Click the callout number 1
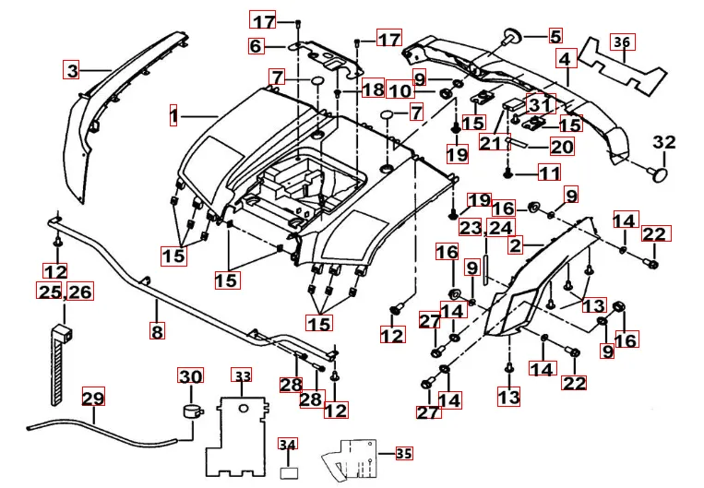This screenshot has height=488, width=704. click(x=173, y=116)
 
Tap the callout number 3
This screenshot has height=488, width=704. click(x=71, y=68)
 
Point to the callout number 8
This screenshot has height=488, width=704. click(x=157, y=328)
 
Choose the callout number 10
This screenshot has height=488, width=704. click(x=399, y=90)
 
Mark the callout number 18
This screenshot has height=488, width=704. click(x=373, y=89)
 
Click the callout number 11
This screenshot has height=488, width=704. click(x=549, y=173)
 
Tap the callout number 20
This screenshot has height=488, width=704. click(x=561, y=146)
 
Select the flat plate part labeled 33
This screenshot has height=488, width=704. click(x=242, y=429)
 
